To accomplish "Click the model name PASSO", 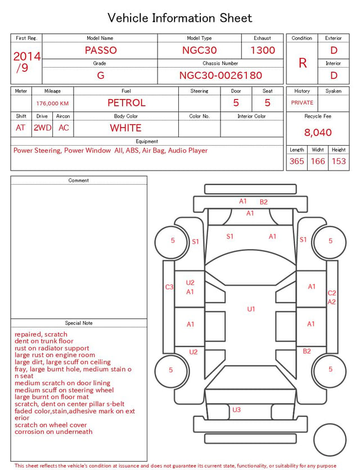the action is tap(101, 50).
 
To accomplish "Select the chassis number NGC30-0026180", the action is tap(220, 75).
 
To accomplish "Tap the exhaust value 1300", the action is tap(263, 50).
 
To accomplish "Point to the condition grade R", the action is tap(303, 63).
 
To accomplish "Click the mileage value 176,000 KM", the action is tap(52, 104).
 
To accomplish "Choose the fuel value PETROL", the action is tap(127, 103).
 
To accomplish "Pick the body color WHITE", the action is tap(125, 128).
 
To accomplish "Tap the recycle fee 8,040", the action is tap(318, 132).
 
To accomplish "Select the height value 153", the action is tap(339, 161).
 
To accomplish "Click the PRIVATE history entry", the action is tap(302, 102).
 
